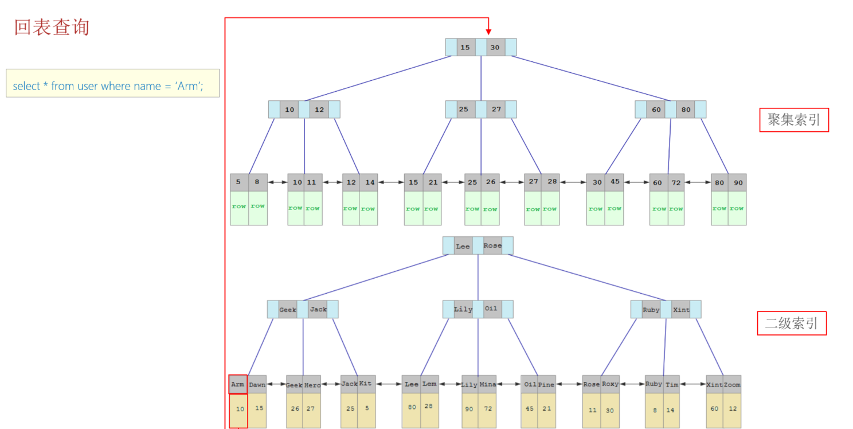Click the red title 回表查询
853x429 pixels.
click(52, 27)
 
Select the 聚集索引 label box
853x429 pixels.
click(793, 120)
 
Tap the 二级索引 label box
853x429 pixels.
click(791, 323)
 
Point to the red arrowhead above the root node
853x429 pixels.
click(488, 30)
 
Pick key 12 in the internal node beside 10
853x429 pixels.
click(319, 110)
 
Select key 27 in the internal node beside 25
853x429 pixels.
click(496, 110)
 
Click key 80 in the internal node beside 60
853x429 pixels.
click(686, 110)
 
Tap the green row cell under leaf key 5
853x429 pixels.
click(239, 207)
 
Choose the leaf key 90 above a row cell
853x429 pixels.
click(737, 182)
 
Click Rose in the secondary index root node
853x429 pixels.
click(492, 245)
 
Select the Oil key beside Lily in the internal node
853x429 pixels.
click(492, 309)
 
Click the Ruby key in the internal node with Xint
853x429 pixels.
click(651, 310)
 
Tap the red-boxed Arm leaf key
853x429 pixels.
click(238, 384)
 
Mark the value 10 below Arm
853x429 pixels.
click(240, 409)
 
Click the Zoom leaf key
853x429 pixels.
click(732, 384)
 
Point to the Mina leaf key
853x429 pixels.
click(488, 384)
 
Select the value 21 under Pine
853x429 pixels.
click(547, 408)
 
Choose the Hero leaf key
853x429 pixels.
click(312, 385)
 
